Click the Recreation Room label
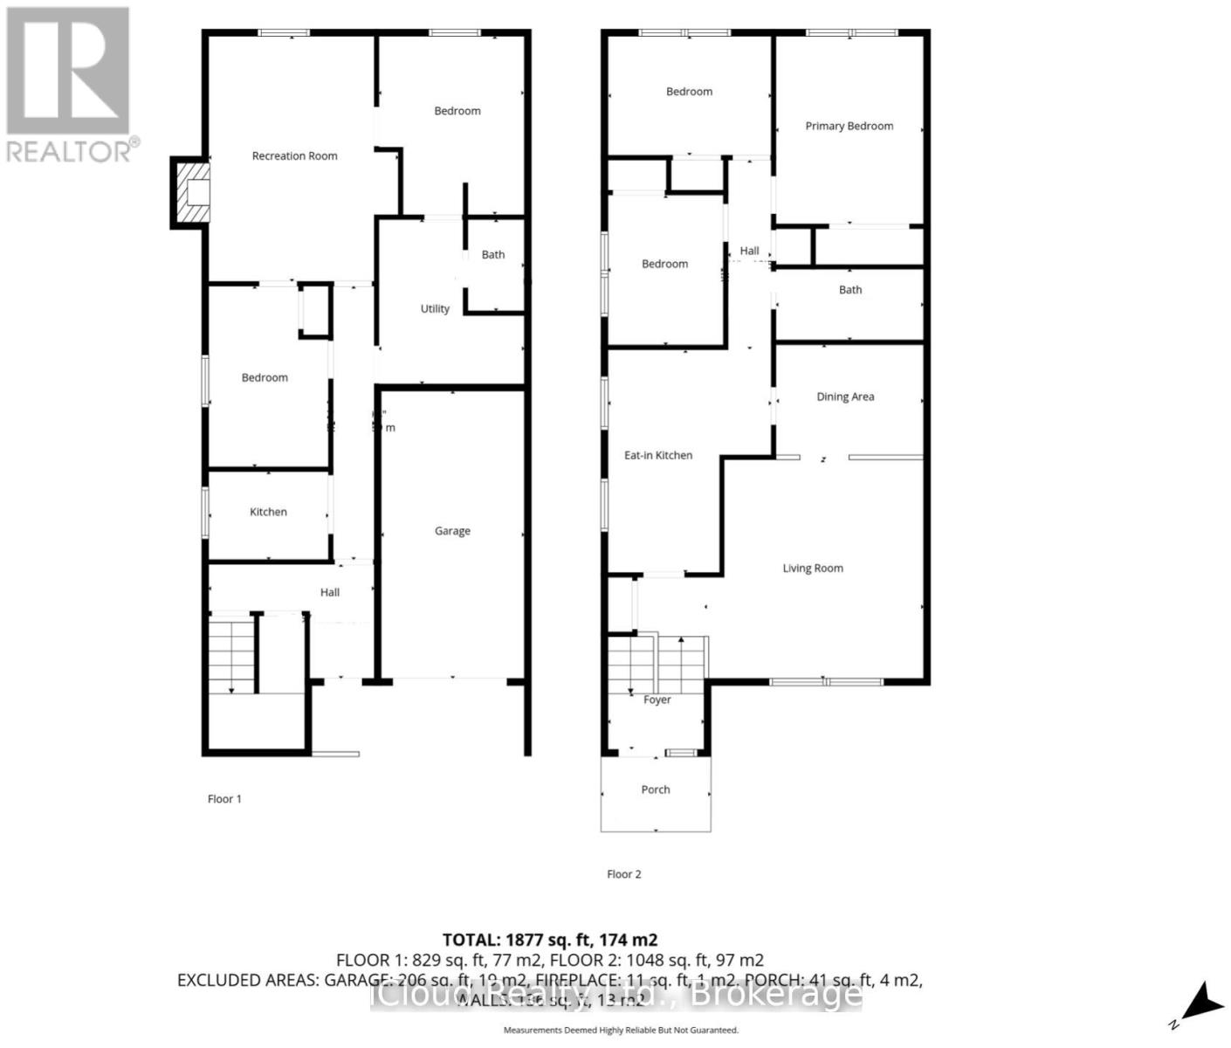click(x=294, y=156)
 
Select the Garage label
click(x=452, y=531)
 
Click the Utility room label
click(x=435, y=309)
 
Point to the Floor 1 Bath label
click(x=493, y=255)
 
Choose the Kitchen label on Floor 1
click(x=268, y=513)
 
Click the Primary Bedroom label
click(x=849, y=127)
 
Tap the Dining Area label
click(x=845, y=397)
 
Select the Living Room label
click(x=813, y=569)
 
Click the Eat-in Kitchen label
click(x=658, y=456)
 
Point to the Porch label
click(x=656, y=790)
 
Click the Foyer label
click(x=657, y=700)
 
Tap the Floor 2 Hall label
click(x=749, y=252)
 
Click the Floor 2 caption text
click(x=624, y=874)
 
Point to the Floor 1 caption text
click(x=224, y=799)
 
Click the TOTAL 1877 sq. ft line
click(x=550, y=941)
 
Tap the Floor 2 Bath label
click(x=850, y=291)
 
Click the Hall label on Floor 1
click(x=330, y=593)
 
